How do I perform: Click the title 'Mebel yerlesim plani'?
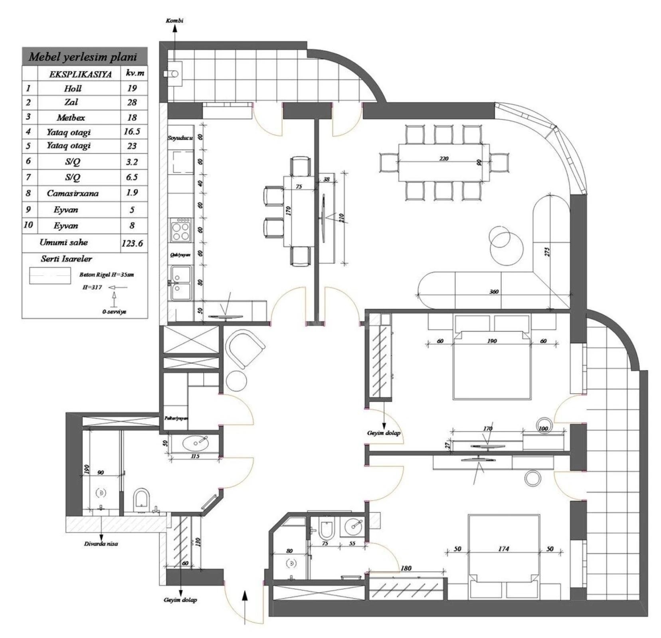coord(83,57)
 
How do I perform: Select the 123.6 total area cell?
coord(132,243)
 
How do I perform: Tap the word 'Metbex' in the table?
coord(71,118)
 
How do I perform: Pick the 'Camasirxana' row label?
coord(72,193)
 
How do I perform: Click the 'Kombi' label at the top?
coord(174,20)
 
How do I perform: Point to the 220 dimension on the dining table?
coord(443,158)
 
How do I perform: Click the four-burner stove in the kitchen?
coord(180,230)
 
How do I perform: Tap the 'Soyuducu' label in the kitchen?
coord(180,138)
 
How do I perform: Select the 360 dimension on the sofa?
coord(494,291)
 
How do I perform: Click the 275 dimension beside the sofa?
coord(547,252)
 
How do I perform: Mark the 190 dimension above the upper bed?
coord(492,341)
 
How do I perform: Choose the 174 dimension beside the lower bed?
coord(503,549)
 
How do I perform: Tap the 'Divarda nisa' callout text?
coord(101,543)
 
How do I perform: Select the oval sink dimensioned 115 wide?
coord(195,442)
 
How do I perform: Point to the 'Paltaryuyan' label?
coord(176,418)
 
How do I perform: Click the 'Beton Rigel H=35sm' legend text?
coord(106,275)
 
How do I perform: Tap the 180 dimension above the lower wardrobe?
coord(406,568)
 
